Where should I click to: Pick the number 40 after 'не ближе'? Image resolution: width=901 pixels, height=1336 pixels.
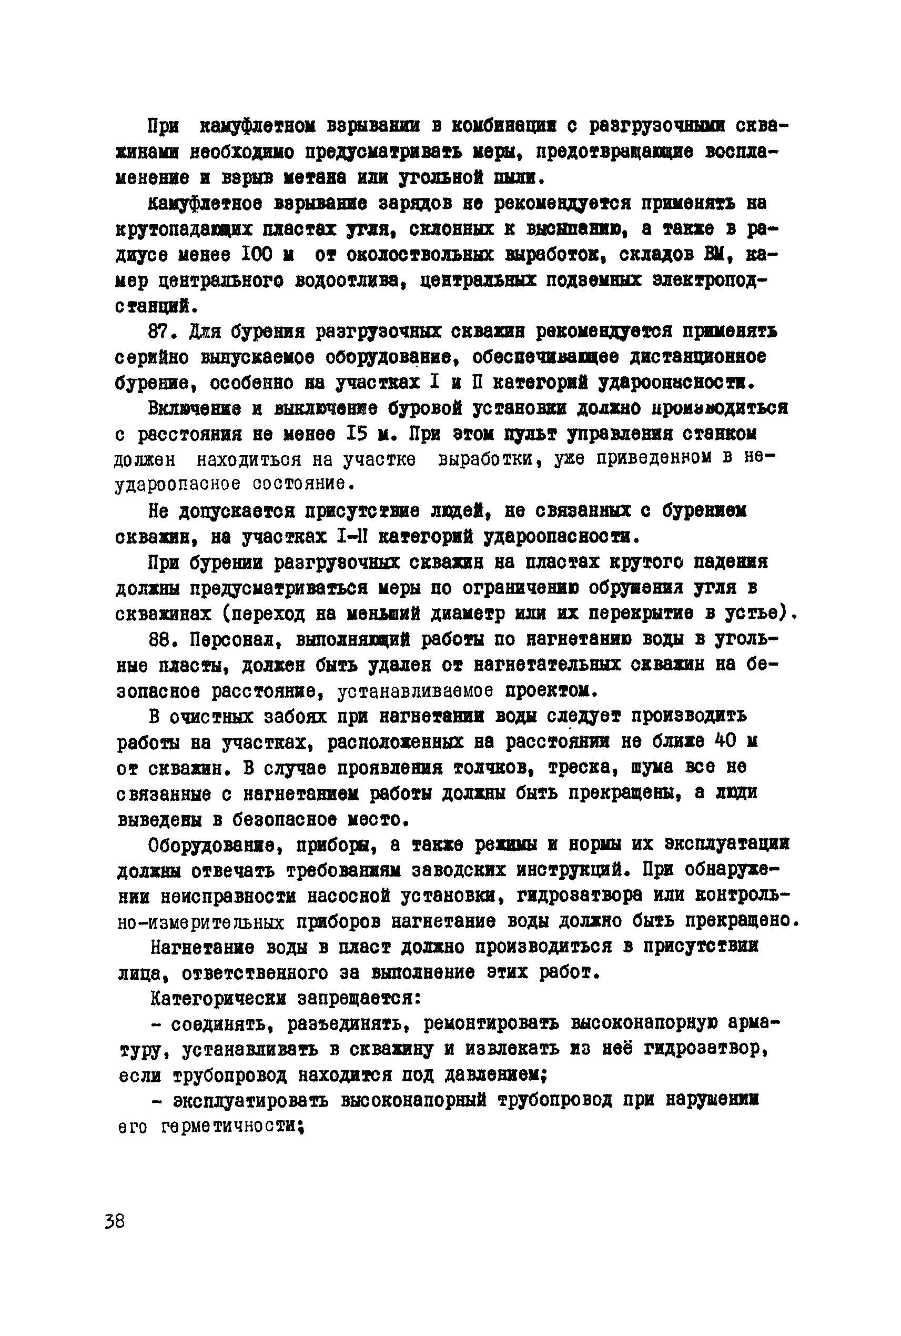tap(726, 741)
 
